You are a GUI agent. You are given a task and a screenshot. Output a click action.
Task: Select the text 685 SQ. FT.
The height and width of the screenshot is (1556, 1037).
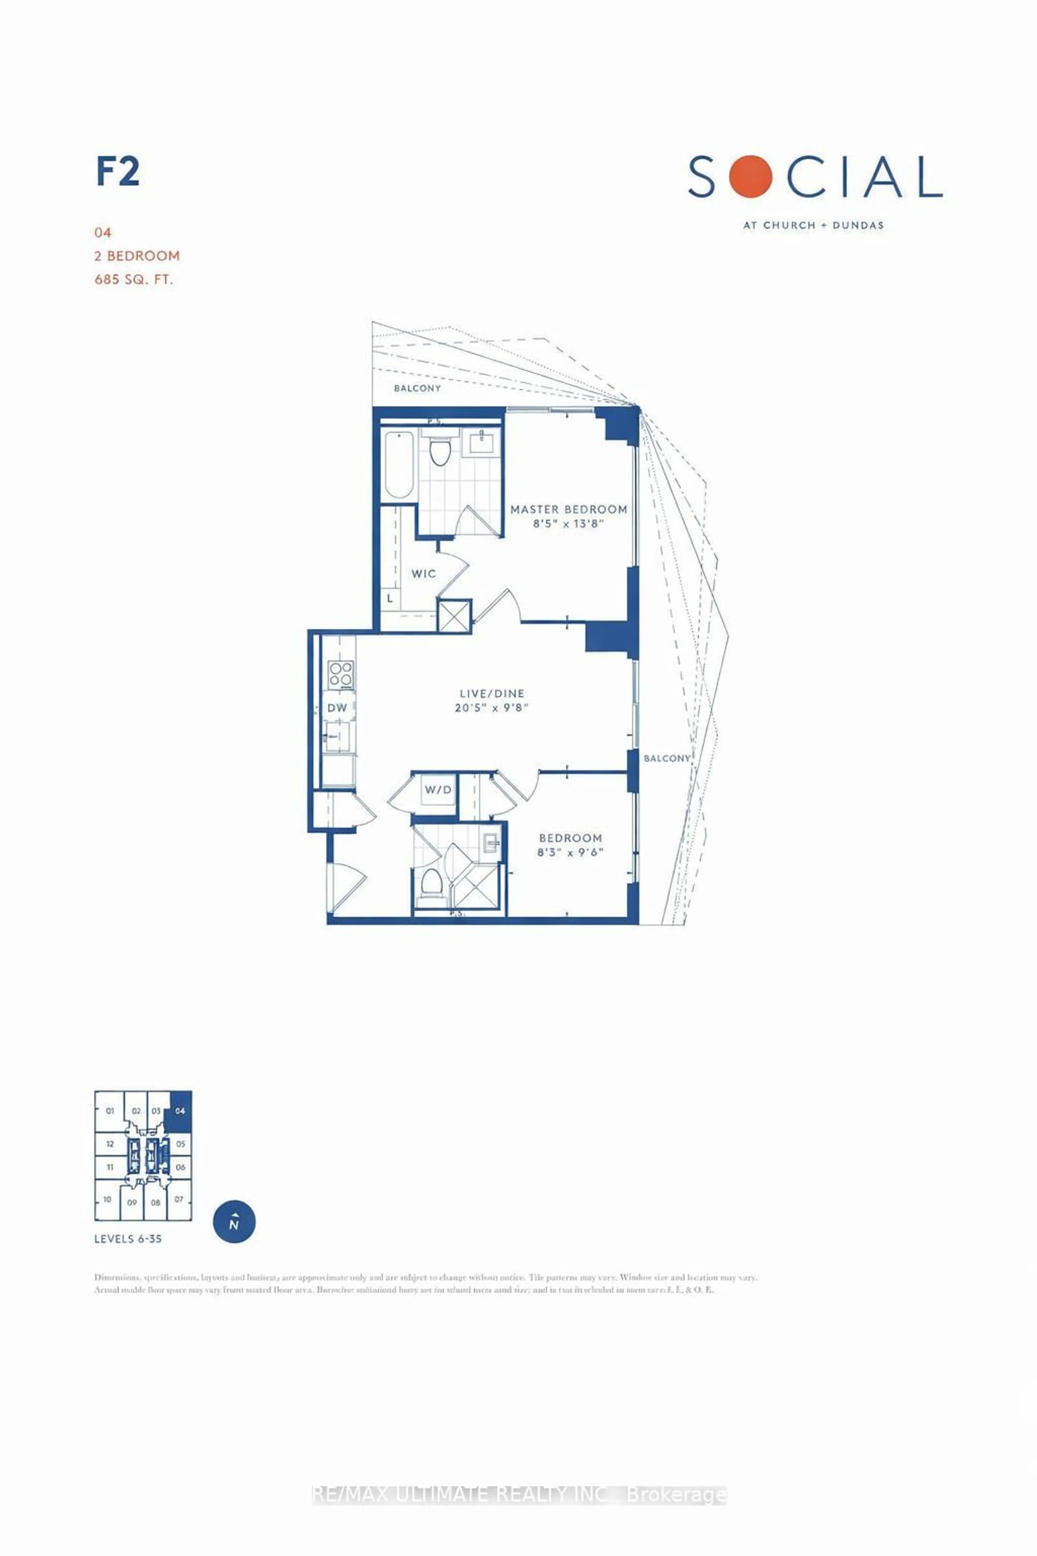click(134, 279)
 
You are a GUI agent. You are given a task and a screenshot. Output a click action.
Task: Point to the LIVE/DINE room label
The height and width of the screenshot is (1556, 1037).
click(492, 693)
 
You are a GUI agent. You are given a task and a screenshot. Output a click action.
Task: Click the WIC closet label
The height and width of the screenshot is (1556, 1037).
click(423, 574)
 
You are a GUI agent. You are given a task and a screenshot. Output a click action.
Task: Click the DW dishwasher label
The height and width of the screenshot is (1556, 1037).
click(337, 708)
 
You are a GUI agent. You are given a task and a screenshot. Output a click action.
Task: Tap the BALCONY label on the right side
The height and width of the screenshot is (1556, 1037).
click(667, 758)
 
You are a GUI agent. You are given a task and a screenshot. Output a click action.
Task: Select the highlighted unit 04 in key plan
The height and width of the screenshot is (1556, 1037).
click(180, 1111)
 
